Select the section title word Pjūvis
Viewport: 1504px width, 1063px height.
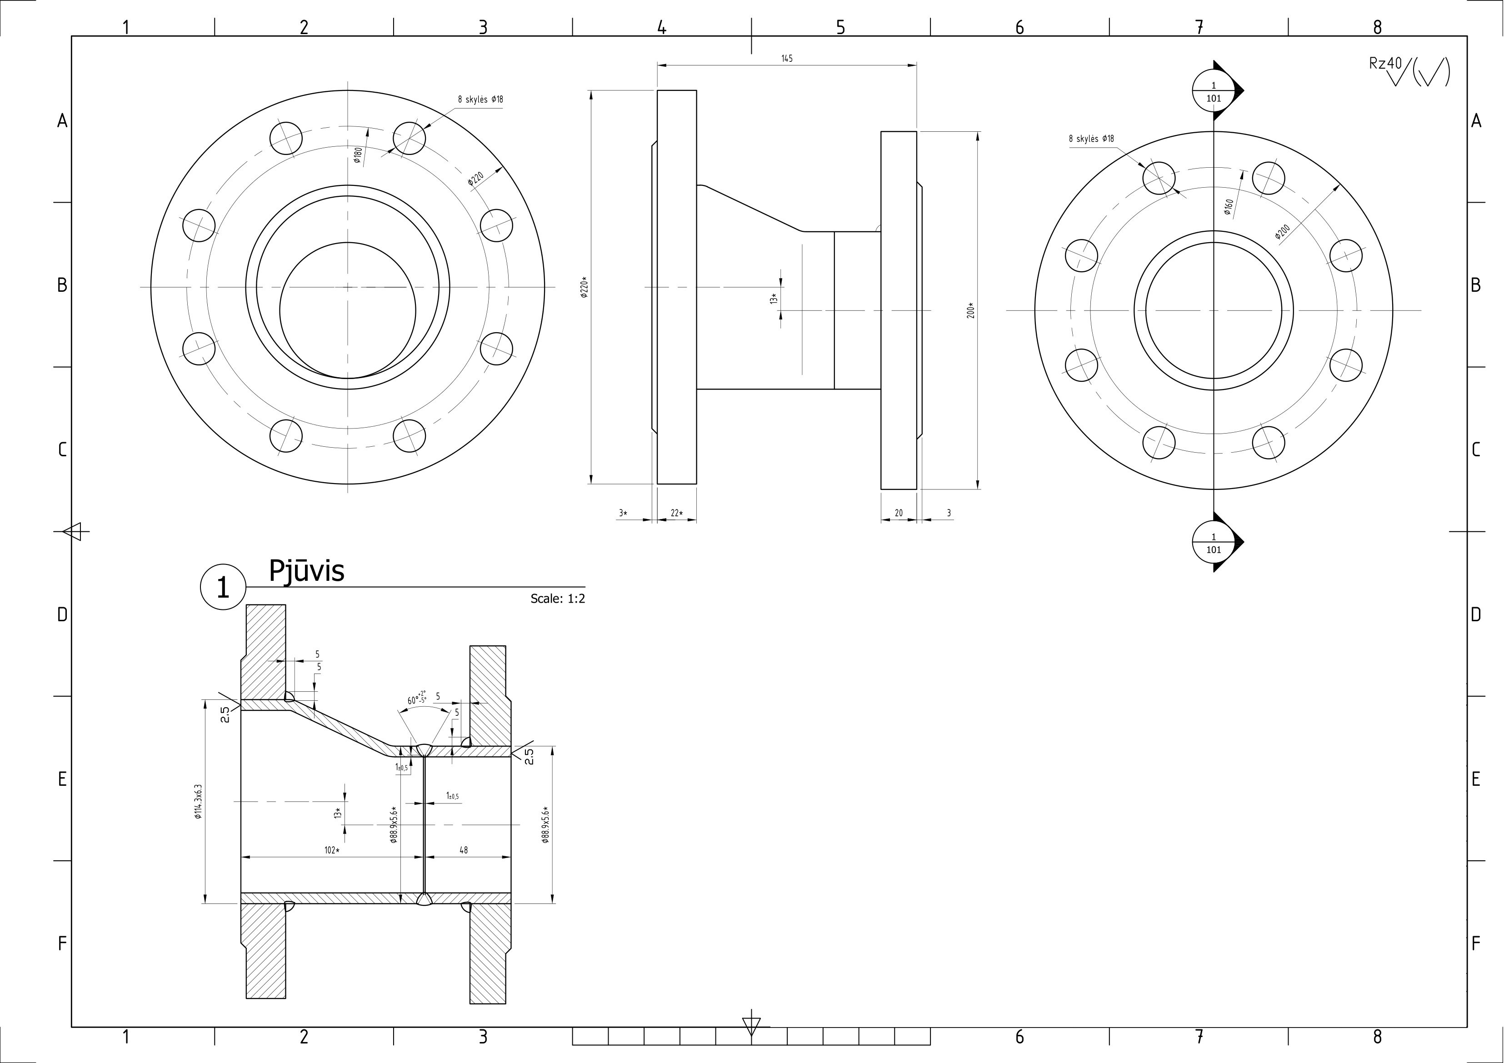(x=306, y=571)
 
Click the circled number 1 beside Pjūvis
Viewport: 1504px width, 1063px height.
(x=223, y=588)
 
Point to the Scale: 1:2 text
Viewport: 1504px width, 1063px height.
(x=557, y=599)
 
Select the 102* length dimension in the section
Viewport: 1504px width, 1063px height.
(x=332, y=850)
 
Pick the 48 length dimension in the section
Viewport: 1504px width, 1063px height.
(x=464, y=850)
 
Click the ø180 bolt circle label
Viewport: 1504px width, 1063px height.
(x=358, y=155)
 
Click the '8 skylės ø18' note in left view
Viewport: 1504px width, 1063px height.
(x=480, y=100)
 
